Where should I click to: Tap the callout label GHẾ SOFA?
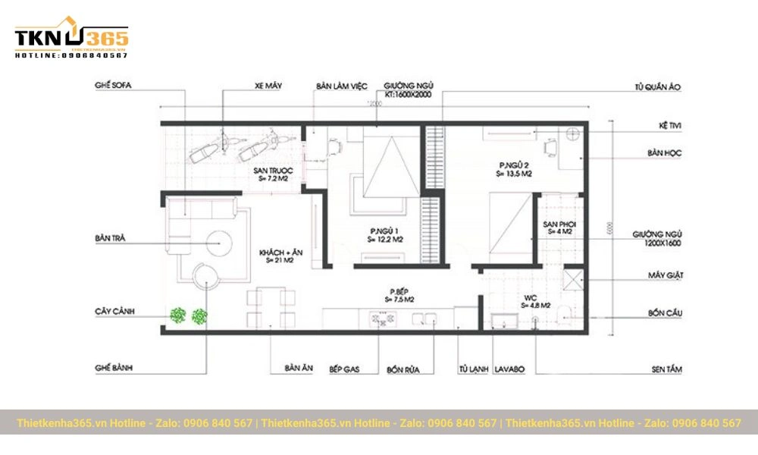click(113, 86)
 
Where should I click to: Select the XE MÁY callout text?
click(268, 86)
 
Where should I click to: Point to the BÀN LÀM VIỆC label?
click(342, 86)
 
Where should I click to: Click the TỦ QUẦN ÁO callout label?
click(658, 87)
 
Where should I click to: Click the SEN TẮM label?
click(666, 369)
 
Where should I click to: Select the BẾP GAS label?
click(343, 370)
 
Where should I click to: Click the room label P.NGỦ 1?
click(385, 231)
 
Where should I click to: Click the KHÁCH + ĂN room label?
click(276, 256)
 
